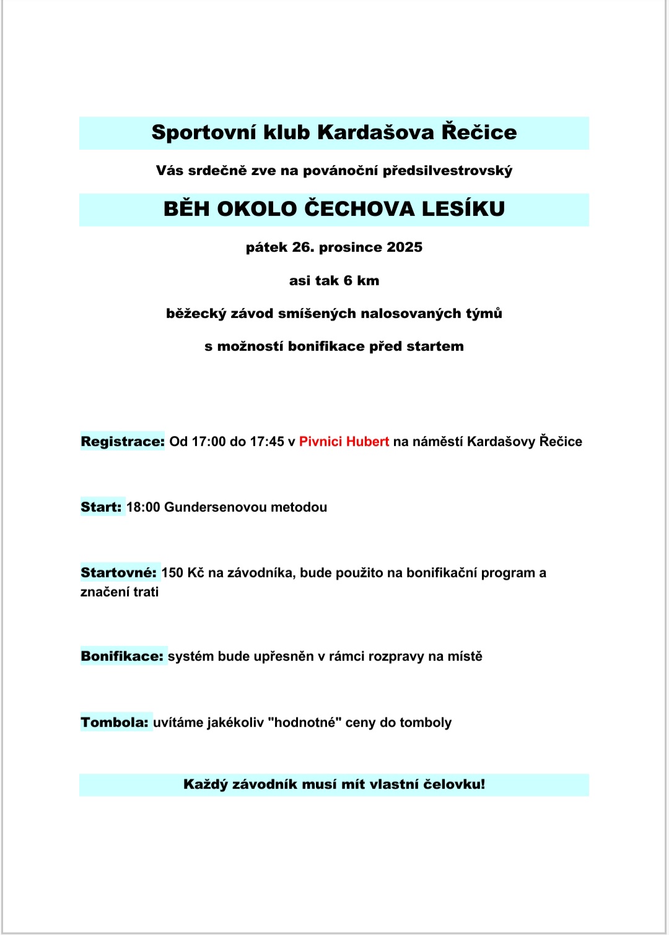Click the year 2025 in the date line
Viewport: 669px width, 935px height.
(x=404, y=248)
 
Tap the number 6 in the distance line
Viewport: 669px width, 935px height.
(x=348, y=281)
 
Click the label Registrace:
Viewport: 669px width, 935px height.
(x=123, y=442)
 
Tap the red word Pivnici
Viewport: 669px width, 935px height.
(x=320, y=442)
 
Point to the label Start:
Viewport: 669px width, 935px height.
(x=101, y=507)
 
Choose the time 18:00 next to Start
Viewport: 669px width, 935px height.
(x=143, y=507)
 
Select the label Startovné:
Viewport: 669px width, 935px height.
(x=118, y=573)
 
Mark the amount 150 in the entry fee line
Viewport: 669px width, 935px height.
(x=172, y=573)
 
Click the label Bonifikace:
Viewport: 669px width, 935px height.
(x=122, y=657)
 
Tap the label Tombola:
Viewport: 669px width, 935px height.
(x=115, y=723)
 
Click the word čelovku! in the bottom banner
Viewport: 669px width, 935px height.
(x=454, y=785)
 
